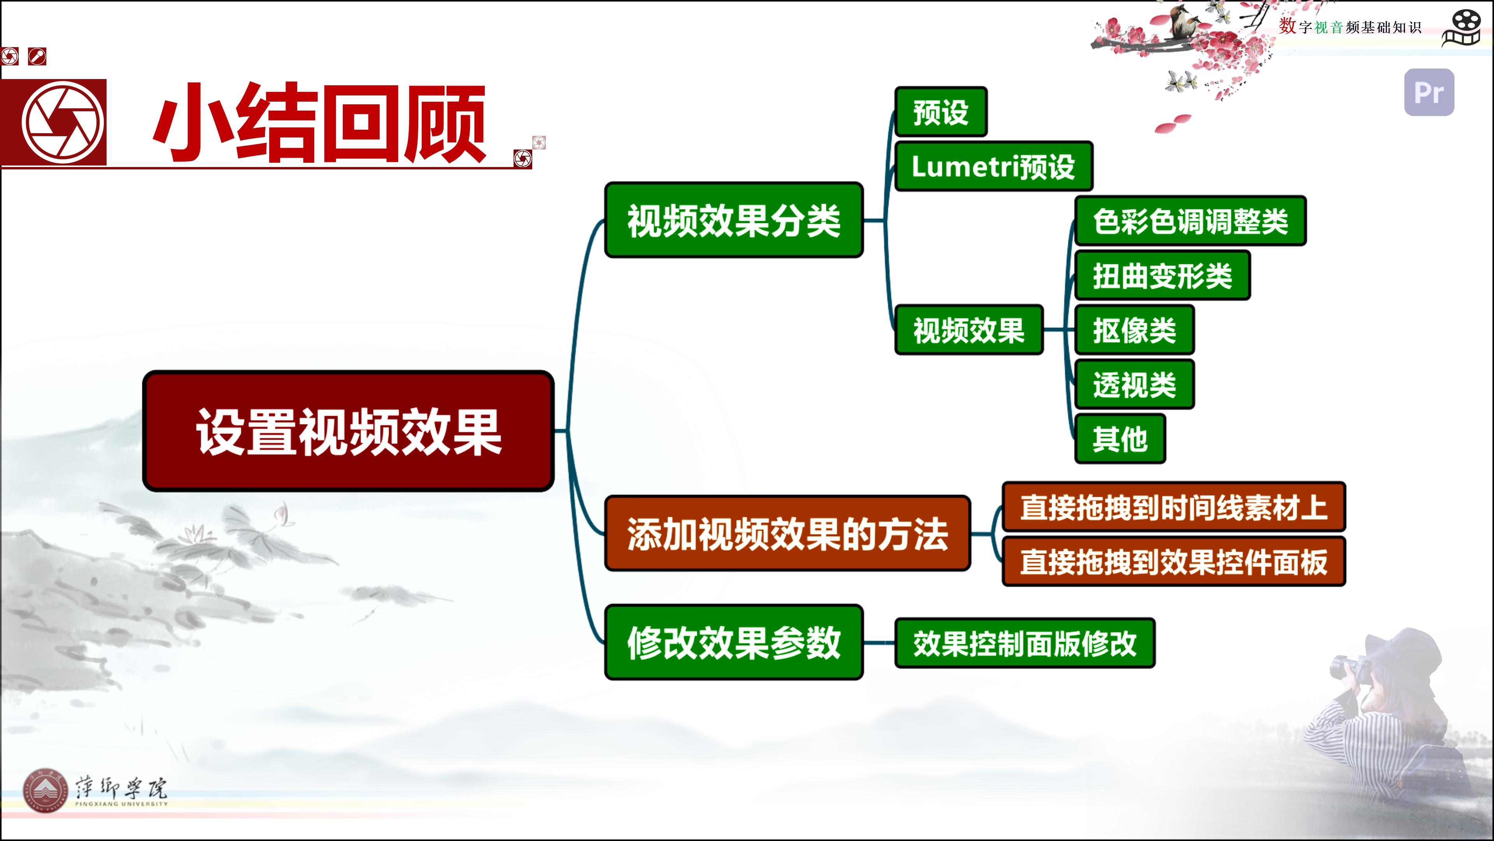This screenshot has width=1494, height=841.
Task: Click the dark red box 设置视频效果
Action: pyautogui.click(x=348, y=431)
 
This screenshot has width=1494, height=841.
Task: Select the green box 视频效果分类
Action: pyautogui.click(x=734, y=220)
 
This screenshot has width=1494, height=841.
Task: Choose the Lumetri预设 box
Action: pyautogui.click(x=994, y=166)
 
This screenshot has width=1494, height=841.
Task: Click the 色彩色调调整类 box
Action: pyautogui.click(x=1190, y=220)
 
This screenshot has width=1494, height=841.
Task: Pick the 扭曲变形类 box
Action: pyautogui.click(x=1162, y=275)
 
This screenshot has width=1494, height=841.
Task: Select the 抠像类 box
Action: pyautogui.click(x=1135, y=330)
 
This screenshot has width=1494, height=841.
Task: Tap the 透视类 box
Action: pyautogui.click(x=1135, y=384)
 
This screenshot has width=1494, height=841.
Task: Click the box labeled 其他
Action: pyautogui.click(x=1120, y=439)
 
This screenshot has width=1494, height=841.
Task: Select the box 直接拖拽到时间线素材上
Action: pyautogui.click(x=1173, y=507)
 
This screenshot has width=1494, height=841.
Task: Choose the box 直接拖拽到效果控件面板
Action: pyautogui.click(x=1173, y=561)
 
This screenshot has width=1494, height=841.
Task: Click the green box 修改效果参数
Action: pyautogui.click(x=734, y=642)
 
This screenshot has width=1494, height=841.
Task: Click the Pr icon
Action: pyautogui.click(x=1429, y=92)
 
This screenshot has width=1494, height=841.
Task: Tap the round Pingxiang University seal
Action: pyautogui.click(x=45, y=792)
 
